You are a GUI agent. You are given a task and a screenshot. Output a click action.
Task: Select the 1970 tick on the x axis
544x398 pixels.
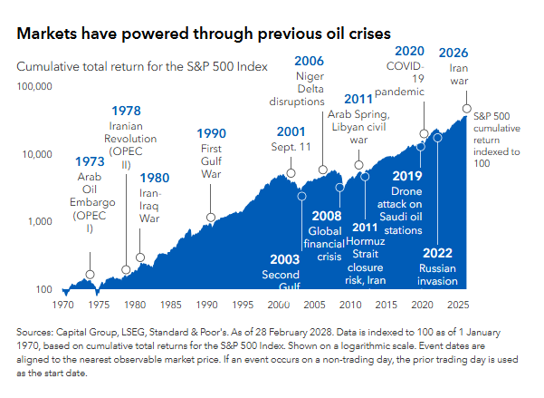pos(63,306)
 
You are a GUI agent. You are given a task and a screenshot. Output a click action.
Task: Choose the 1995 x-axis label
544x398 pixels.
pos(243,306)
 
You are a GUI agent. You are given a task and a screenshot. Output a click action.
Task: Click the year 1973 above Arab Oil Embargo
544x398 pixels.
pos(90,162)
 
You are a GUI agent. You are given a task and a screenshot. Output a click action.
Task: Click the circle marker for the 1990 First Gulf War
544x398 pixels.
pos(211,218)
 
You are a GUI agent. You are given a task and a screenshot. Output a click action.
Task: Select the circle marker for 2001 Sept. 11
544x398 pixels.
pos(291,172)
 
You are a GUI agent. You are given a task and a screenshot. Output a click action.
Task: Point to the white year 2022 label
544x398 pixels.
pos(438,253)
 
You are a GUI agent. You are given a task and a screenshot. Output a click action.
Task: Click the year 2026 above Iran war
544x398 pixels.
pos(453,53)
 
